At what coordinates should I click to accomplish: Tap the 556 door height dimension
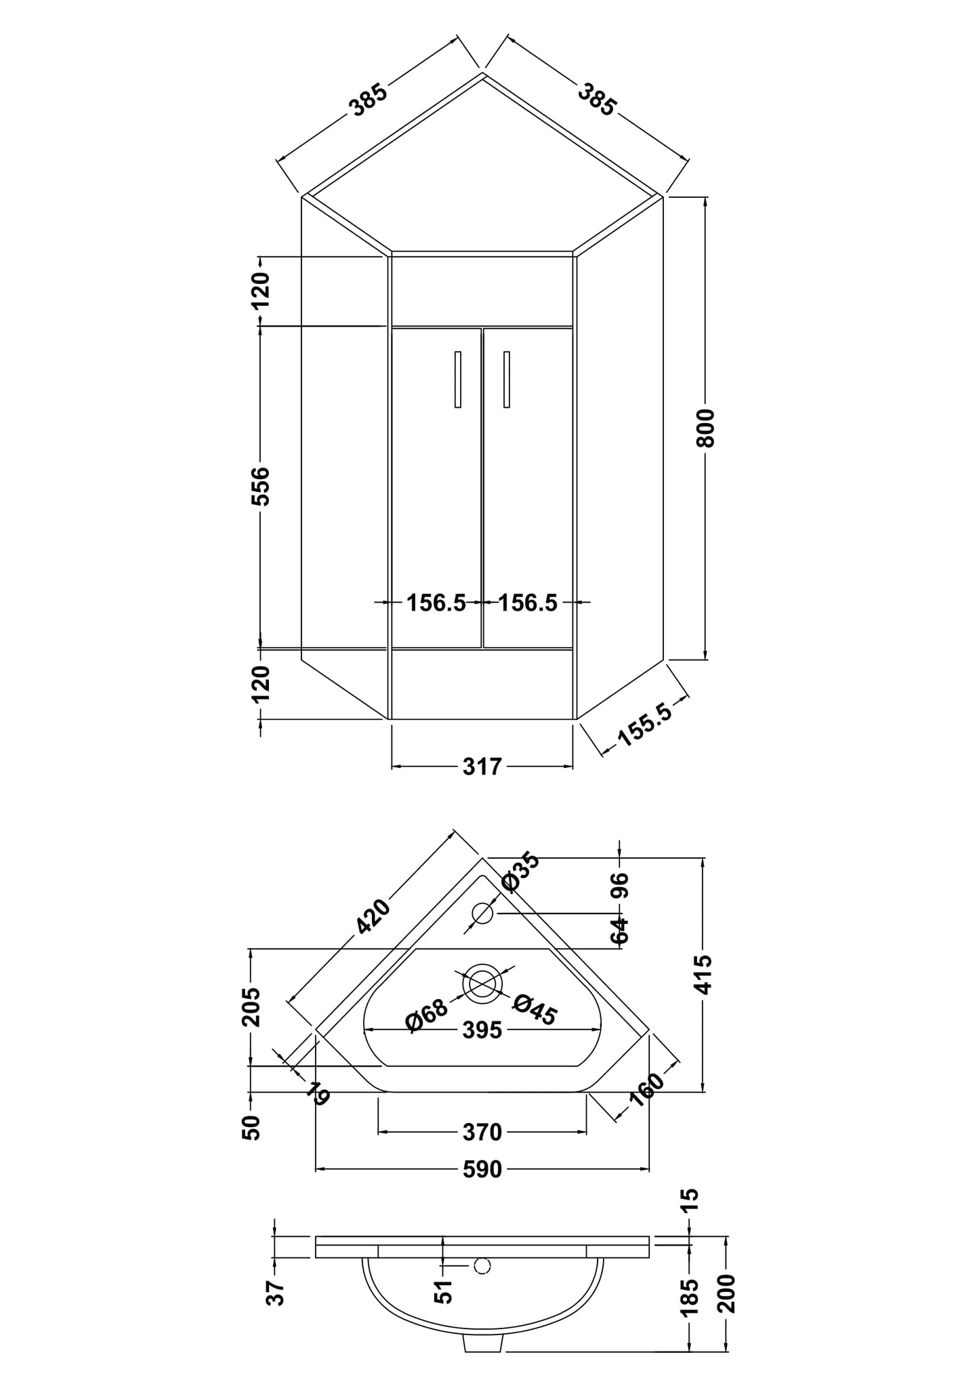click(x=261, y=485)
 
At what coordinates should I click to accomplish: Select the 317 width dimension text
click(x=482, y=767)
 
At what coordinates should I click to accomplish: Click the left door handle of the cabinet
click(x=458, y=380)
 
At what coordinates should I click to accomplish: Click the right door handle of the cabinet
click(x=507, y=380)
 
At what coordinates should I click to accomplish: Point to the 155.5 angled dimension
click(x=645, y=726)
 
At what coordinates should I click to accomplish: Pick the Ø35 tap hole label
click(x=520, y=872)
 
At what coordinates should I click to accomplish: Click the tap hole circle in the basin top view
click(x=482, y=914)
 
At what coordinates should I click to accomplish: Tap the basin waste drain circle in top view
click(x=482, y=984)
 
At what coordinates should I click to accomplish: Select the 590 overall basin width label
click(x=482, y=1169)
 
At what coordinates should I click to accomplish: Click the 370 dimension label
click(x=482, y=1132)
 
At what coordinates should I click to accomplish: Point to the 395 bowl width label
click(x=482, y=1030)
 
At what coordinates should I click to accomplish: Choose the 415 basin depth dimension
click(x=705, y=974)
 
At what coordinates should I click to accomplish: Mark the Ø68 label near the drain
click(x=427, y=1015)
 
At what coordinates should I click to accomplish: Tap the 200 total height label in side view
click(x=726, y=1293)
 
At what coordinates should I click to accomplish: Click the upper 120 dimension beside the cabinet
click(x=261, y=290)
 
